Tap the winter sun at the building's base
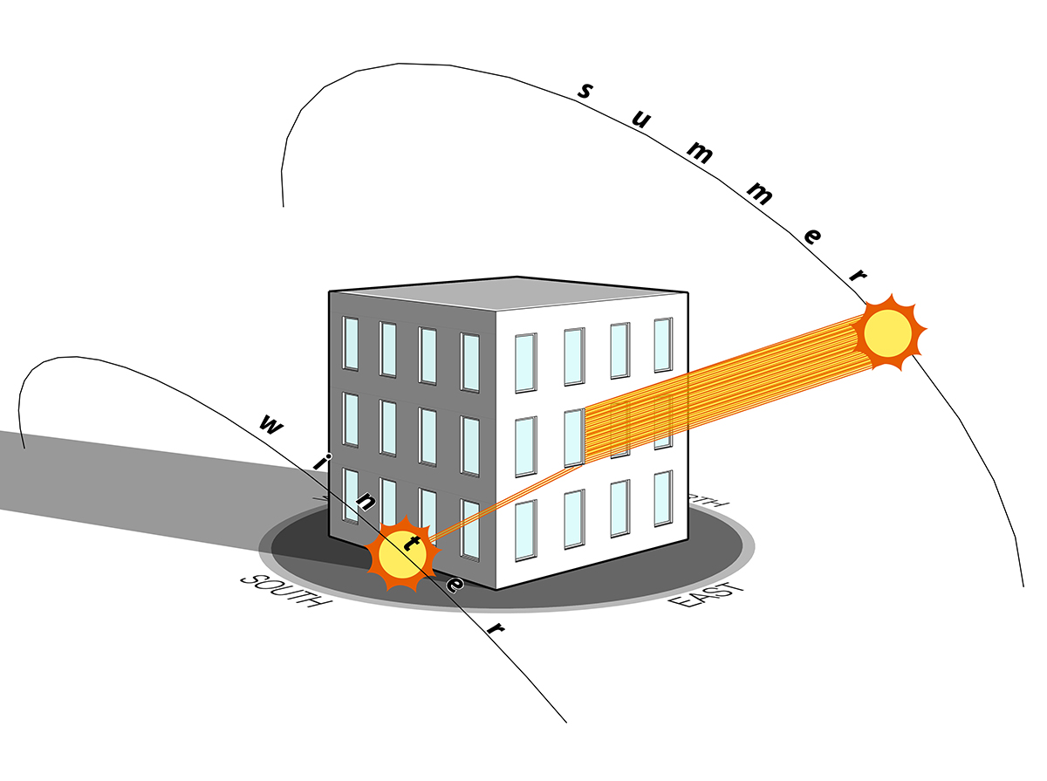[x=402, y=558]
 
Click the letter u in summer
[x=640, y=120]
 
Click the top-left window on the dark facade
[x=351, y=344]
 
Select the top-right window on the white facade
[x=663, y=345]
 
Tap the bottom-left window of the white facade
[x=525, y=529]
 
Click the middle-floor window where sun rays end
[x=574, y=438]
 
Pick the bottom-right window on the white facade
[x=663, y=498]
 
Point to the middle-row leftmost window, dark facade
[x=351, y=420]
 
